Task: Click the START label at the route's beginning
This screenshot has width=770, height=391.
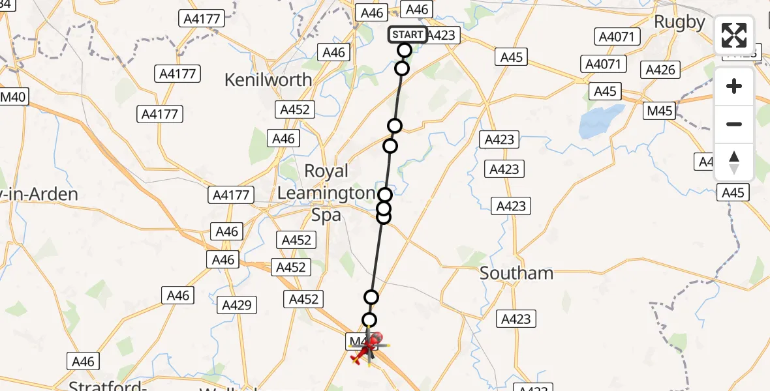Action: pyautogui.click(x=408, y=35)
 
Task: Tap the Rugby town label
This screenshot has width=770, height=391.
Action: pyautogui.click(x=679, y=22)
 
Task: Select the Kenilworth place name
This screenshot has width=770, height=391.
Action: pyautogui.click(x=268, y=80)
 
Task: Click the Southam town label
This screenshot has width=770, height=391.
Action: pyautogui.click(x=516, y=273)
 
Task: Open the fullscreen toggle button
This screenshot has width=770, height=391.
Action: pyautogui.click(x=734, y=35)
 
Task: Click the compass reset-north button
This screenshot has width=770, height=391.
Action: pyautogui.click(x=734, y=163)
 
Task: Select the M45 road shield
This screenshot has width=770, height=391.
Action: pyautogui.click(x=659, y=111)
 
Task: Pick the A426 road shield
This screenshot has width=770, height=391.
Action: pyautogui.click(x=660, y=70)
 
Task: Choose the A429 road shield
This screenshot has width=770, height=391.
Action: pyautogui.click(x=239, y=304)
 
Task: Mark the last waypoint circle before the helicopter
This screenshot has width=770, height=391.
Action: pyautogui.click(x=369, y=320)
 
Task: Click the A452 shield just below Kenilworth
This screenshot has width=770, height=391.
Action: pyautogui.click(x=295, y=109)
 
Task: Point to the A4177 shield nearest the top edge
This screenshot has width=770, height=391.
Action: pyautogui.click(x=202, y=18)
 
